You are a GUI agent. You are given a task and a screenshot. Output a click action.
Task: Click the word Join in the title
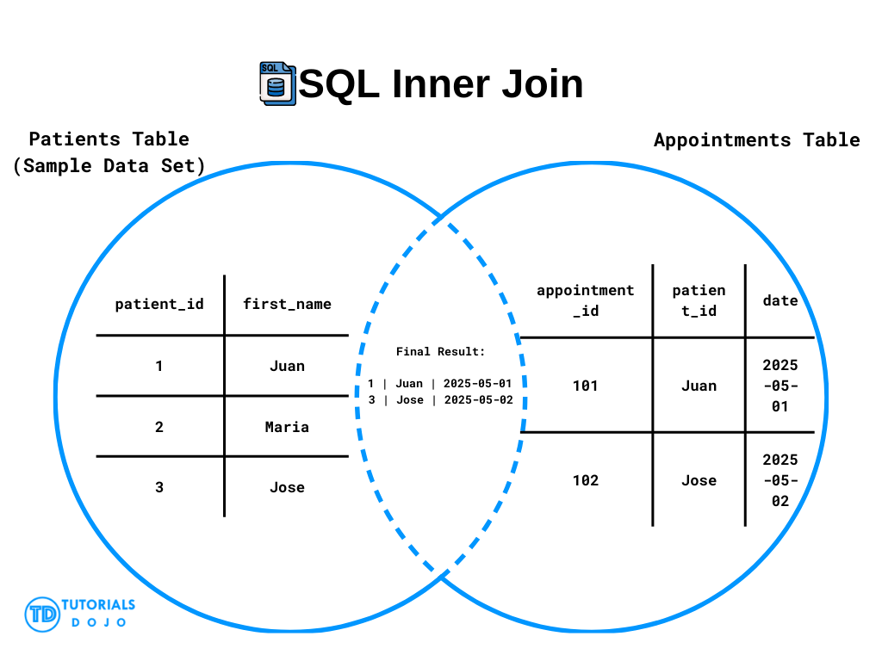tap(543, 83)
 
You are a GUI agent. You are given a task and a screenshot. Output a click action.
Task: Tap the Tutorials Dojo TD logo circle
tap(42, 615)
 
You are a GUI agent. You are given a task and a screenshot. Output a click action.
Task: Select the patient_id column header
tap(159, 304)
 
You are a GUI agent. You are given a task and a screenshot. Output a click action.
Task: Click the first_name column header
tap(287, 304)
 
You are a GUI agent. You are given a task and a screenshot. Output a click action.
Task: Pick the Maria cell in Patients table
tap(287, 427)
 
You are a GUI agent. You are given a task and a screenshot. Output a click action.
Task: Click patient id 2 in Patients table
tap(159, 427)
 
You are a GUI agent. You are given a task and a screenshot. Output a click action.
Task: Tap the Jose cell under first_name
tap(287, 487)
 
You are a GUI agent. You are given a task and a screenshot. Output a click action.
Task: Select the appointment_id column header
tap(585, 300)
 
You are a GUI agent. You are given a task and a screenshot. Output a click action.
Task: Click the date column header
tap(780, 300)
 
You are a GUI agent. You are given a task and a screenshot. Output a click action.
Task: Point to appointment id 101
tap(585, 386)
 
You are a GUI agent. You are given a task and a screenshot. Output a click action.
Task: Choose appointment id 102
tap(585, 480)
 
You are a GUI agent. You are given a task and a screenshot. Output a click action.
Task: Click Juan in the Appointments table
tap(699, 386)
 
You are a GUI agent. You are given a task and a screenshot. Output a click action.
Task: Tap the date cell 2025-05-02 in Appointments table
tap(780, 480)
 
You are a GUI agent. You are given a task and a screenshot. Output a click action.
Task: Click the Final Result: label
tap(440, 352)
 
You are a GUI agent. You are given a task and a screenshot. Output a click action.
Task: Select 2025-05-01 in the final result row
tap(477, 383)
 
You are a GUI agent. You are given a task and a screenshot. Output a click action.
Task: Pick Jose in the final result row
tap(410, 400)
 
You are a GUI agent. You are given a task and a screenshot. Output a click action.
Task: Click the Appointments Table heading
tap(756, 140)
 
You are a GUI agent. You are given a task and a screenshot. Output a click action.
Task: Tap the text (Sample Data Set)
tap(109, 166)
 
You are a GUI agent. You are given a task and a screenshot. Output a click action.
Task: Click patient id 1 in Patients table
tap(159, 367)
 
